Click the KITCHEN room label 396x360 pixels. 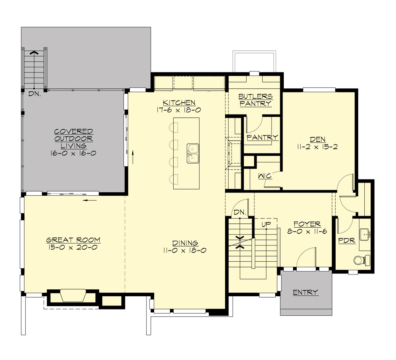click(179, 103)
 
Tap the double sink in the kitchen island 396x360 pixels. click(192, 153)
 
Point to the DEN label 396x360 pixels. click(317, 140)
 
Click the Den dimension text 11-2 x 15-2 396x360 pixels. click(317, 147)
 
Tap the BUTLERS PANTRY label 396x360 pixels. click(255, 100)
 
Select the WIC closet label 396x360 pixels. click(265, 176)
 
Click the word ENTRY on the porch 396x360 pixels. click(306, 292)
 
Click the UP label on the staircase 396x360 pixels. click(266, 224)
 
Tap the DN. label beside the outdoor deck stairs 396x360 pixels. click(34, 94)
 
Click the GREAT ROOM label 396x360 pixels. click(73, 240)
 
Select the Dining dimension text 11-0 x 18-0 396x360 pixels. click(184, 250)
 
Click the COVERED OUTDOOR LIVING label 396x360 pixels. click(74, 139)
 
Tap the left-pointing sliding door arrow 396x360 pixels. click(90, 200)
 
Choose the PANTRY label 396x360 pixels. click(262, 138)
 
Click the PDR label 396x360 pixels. click(347, 241)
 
